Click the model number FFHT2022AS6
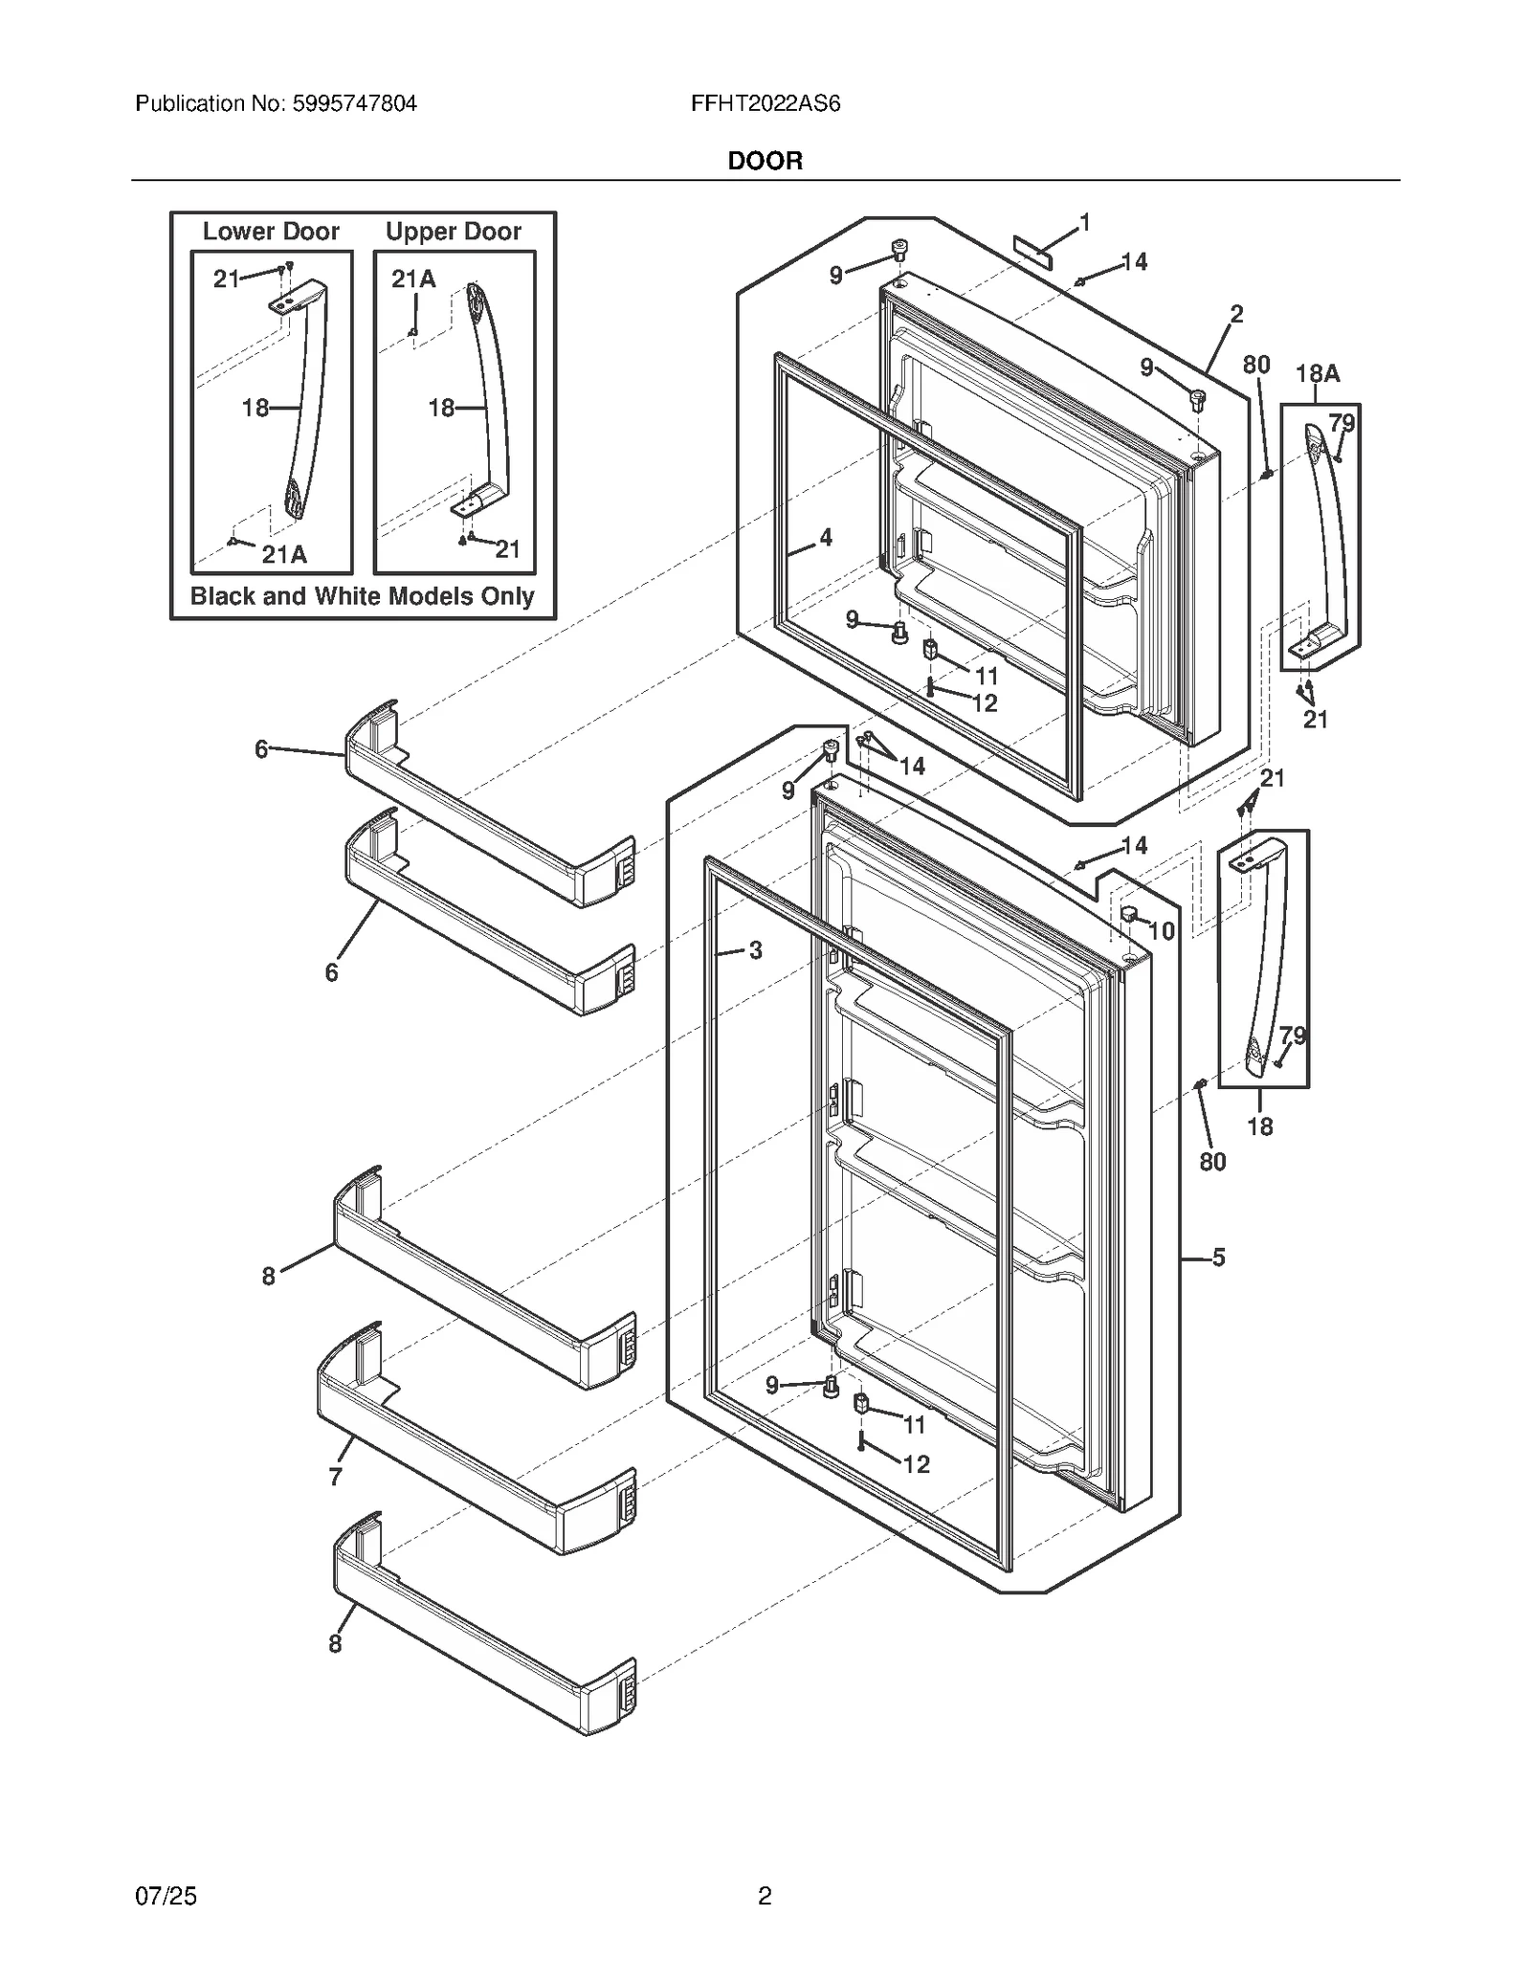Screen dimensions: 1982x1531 click(765, 103)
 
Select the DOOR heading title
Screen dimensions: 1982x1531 click(765, 161)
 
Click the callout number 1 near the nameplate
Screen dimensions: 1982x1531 click(1084, 223)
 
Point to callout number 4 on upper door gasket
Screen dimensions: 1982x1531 click(825, 538)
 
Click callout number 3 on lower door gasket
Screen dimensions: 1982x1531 click(755, 950)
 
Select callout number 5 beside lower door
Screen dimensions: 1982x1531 click(1218, 1258)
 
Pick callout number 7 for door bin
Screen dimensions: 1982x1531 click(335, 1477)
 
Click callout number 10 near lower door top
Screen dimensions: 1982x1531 click(1161, 930)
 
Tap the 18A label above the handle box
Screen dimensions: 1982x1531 click(1317, 374)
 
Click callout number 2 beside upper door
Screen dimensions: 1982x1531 click(1236, 314)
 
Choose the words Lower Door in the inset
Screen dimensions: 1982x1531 click(271, 232)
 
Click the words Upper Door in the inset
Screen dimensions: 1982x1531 click(453, 232)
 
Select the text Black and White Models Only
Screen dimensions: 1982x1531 click(362, 596)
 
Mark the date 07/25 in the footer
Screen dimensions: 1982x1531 click(166, 1895)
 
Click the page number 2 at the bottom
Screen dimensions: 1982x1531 click(765, 1895)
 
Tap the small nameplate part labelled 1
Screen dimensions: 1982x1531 click(1032, 253)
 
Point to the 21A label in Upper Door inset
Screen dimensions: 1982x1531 click(413, 278)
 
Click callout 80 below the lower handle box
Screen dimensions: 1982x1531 click(1212, 1161)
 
